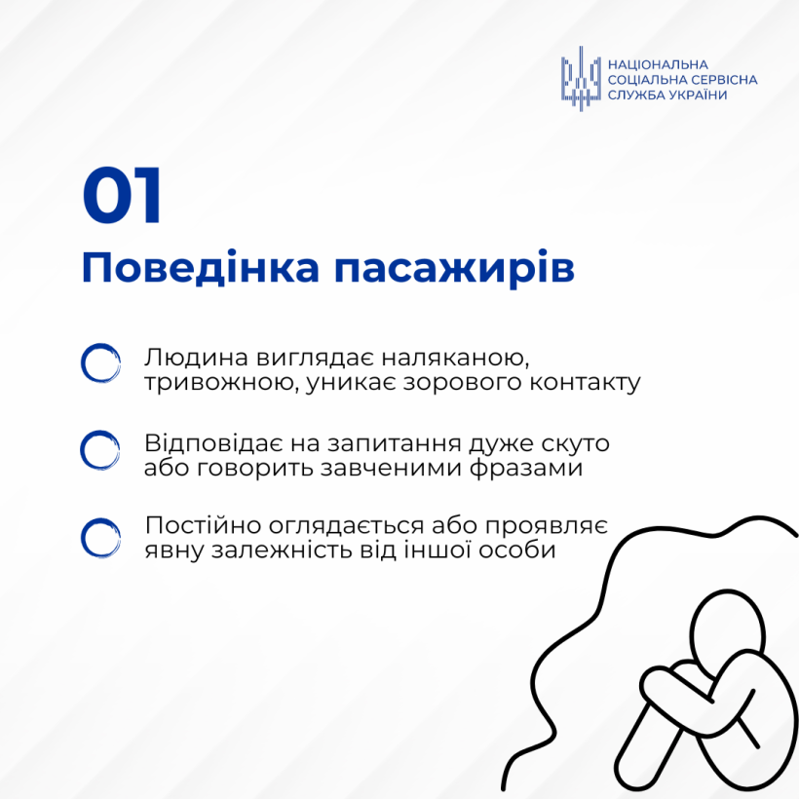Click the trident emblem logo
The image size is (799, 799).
[581, 79]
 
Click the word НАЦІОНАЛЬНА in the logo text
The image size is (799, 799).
[658, 64]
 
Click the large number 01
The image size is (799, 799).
[122, 195]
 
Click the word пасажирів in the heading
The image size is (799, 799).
[454, 270]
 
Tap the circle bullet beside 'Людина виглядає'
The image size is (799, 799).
[101, 363]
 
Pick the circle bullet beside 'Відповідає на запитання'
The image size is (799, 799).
[99, 450]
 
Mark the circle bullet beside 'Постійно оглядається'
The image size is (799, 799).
[101, 538]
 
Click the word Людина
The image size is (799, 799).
[197, 358]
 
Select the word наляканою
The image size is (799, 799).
[455, 358]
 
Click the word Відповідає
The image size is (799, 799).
[213, 442]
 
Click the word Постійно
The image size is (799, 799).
[203, 525]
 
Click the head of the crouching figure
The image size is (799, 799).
[728, 629]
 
